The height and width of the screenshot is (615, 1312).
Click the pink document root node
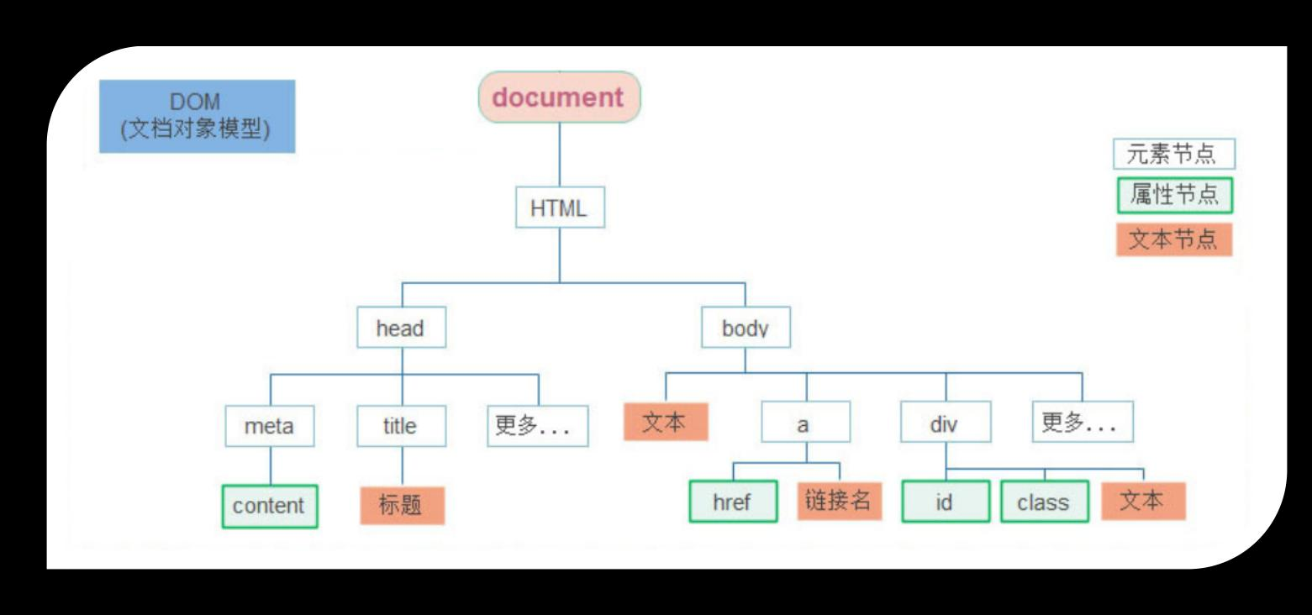(559, 97)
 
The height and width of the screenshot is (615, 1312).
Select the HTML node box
(559, 208)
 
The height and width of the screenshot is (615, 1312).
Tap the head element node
(401, 328)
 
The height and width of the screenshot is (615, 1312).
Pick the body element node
(746, 328)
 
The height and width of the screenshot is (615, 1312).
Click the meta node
(270, 426)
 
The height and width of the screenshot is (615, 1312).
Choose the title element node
(401, 426)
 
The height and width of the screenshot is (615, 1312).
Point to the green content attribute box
(270, 506)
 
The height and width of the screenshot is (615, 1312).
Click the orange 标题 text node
(402, 506)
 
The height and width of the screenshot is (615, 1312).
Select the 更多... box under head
(538, 426)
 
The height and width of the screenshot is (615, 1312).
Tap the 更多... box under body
(1083, 423)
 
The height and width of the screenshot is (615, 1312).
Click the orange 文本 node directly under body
(666, 422)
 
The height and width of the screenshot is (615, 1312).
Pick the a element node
(805, 423)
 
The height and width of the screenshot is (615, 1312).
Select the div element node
(946, 423)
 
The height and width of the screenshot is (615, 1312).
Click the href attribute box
(733, 502)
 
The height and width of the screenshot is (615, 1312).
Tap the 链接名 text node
(839, 501)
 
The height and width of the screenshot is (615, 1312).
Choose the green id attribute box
(945, 502)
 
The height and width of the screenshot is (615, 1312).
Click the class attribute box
(1044, 502)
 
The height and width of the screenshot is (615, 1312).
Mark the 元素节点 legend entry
(1174, 155)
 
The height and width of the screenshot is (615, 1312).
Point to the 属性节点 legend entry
(1174, 196)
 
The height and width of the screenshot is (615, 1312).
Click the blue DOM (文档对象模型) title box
(198, 117)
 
